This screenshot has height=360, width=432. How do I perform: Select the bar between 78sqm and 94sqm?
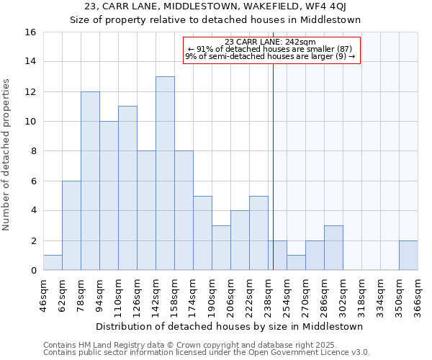point(90,181)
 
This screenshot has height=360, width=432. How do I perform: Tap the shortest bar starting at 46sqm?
point(53,263)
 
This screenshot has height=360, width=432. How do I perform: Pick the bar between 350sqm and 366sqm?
point(408,256)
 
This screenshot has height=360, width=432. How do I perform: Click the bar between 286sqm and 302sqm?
point(333,248)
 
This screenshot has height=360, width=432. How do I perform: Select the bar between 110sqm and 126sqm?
point(127,188)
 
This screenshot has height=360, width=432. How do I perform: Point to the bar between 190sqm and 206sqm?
point(221,248)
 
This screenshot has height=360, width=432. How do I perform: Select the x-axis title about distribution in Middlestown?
point(229,326)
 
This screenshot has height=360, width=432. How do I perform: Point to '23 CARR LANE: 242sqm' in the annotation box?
point(270,42)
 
